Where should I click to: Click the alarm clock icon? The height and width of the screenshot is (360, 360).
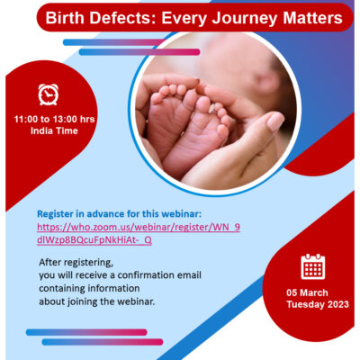pos(48,94)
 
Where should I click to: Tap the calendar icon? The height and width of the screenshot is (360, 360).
pos(313,266)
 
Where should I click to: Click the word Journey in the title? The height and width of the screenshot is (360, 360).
pos(244,18)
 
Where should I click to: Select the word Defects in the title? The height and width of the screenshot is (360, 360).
pos(123,18)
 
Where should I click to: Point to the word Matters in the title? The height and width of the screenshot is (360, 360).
pos(312,18)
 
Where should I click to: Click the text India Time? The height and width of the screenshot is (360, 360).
pos(54,130)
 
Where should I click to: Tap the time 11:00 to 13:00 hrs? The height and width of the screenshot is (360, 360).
pos(54,119)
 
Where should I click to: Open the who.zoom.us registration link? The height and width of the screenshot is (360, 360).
pos(139,233)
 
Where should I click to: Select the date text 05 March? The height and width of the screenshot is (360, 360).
pos(307,292)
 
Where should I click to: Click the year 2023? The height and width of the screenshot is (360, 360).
pos(338,304)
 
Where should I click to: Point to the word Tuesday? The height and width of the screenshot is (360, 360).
pos(305,304)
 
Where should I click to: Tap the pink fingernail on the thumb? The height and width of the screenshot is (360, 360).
pos(275,121)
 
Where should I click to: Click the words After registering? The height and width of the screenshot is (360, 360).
pos(76,263)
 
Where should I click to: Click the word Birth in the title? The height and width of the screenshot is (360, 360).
pos(65,18)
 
